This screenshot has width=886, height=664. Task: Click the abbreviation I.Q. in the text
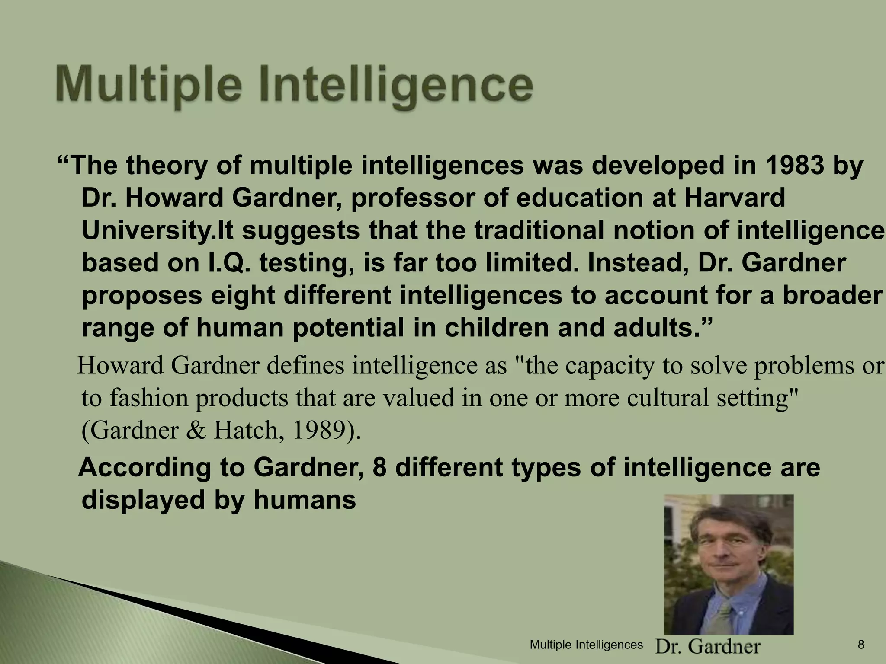click(x=227, y=263)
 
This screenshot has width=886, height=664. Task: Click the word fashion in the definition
click(x=150, y=398)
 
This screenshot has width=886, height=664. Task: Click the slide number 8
click(x=861, y=645)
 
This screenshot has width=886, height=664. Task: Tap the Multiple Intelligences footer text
click(x=586, y=645)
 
